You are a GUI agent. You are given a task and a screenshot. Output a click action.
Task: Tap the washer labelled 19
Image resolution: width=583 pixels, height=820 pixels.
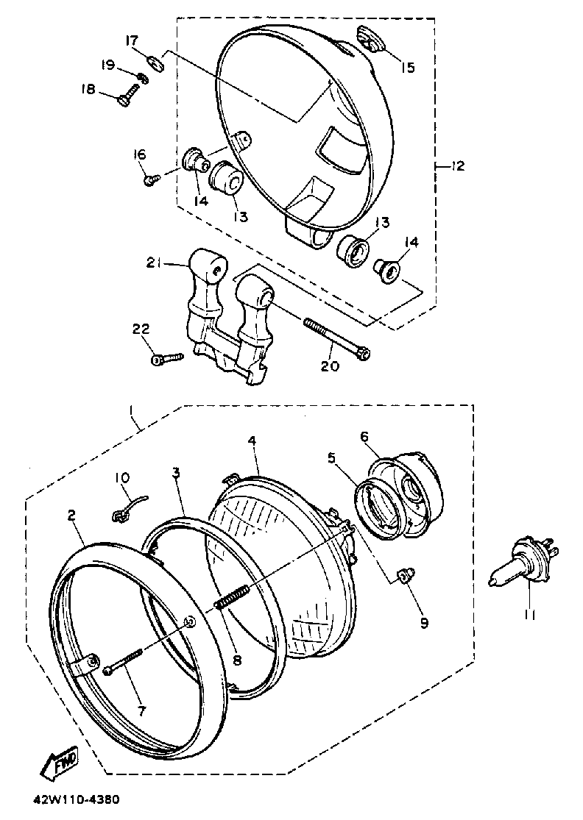coord(143,77)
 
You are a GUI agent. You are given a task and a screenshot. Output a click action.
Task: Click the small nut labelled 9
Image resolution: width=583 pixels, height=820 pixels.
coord(403,575)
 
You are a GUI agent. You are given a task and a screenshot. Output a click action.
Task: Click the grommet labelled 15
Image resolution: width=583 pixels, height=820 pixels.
coord(367,38)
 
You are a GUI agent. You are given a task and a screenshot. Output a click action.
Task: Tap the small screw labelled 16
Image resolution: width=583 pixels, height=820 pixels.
coord(151,179)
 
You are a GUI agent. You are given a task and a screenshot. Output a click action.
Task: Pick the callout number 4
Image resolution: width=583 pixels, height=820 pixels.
coord(252,441)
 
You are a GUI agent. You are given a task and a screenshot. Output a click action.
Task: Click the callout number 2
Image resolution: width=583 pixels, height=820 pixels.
coord(71,516)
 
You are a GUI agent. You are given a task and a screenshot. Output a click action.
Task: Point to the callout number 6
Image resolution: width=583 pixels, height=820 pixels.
coord(364,436)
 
